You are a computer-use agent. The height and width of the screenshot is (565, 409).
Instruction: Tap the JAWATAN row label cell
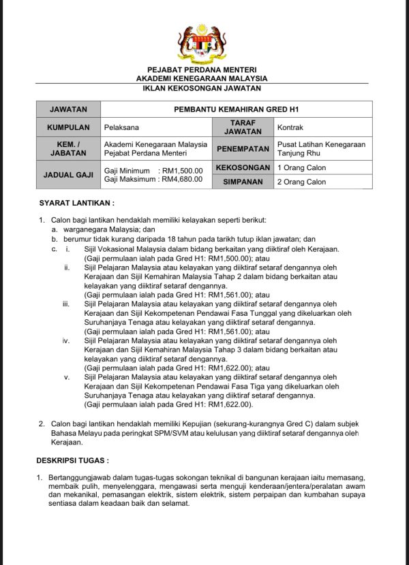click(x=68, y=109)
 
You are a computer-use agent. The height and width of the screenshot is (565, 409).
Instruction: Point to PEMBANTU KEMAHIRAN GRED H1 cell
click(x=237, y=109)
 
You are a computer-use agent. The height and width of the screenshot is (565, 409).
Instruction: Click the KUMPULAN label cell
click(x=68, y=127)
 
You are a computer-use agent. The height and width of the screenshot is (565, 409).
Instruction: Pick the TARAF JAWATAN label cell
click(x=243, y=127)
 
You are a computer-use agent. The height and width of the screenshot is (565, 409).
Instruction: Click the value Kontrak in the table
click(x=290, y=127)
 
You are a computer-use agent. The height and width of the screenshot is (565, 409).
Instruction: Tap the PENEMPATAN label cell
click(x=243, y=148)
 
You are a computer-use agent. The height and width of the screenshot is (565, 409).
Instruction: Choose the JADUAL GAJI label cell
click(x=68, y=174)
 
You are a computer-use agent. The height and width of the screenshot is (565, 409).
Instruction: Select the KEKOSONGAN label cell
click(x=243, y=167)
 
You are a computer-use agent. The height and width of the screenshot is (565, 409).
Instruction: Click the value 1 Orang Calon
click(x=301, y=167)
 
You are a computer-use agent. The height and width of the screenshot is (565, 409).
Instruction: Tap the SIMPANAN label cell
click(x=243, y=182)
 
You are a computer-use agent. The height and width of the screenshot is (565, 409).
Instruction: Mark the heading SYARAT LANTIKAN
click(x=76, y=203)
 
